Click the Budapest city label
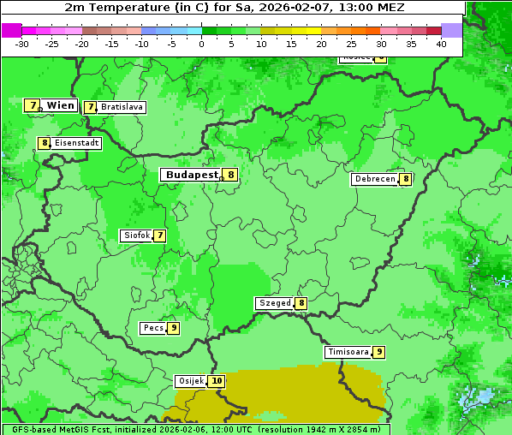(x=192, y=175)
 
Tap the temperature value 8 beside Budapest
(x=230, y=175)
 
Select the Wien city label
(x=60, y=105)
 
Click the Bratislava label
(x=122, y=107)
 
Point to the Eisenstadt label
(x=76, y=143)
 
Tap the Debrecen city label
(x=375, y=179)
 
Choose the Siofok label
(x=135, y=235)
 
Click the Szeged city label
(x=274, y=303)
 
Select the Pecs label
(x=153, y=328)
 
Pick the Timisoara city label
(x=348, y=352)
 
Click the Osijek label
(x=190, y=381)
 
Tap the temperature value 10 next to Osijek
(x=217, y=381)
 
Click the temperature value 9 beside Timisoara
(x=378, y=352)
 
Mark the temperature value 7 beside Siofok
(x=159, y=235)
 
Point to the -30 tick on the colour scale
(x=22, y=43)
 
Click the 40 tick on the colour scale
(x=441, y=43)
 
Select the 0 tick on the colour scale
(x=201, y=43)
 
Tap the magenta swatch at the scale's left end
(x=11, y=30)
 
